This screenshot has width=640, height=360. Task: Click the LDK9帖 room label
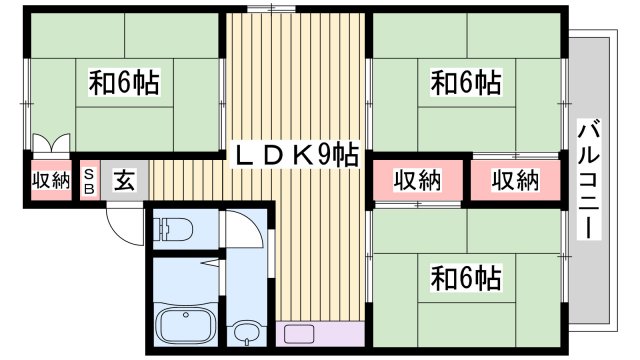(297, 155)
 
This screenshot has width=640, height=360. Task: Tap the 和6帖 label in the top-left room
(126, 82)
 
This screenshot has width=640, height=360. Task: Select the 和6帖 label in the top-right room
(466, 82)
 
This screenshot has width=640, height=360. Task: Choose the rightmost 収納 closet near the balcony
(514, 180)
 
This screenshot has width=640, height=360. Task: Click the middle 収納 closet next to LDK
(417, 180)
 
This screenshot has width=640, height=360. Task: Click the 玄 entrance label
(124, 181)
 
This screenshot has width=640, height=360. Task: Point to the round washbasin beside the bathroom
(246, 331)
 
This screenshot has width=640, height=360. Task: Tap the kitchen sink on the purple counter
(299, 335)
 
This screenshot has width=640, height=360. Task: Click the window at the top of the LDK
(263, 9)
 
